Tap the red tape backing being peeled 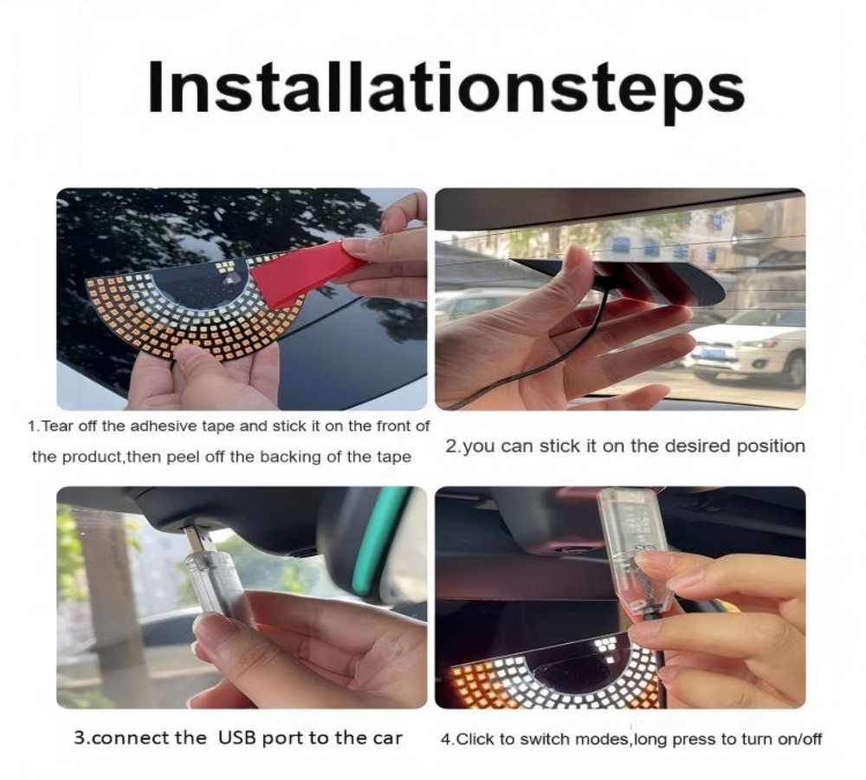point(309,271)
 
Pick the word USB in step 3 point(237,738)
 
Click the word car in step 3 point(385,738)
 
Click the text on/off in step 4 point(800,739)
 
